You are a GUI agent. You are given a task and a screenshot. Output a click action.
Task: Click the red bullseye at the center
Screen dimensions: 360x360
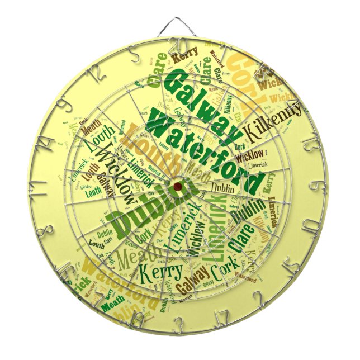coord(178,186)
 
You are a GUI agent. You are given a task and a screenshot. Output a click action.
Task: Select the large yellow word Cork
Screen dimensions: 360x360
coord(246,75)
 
